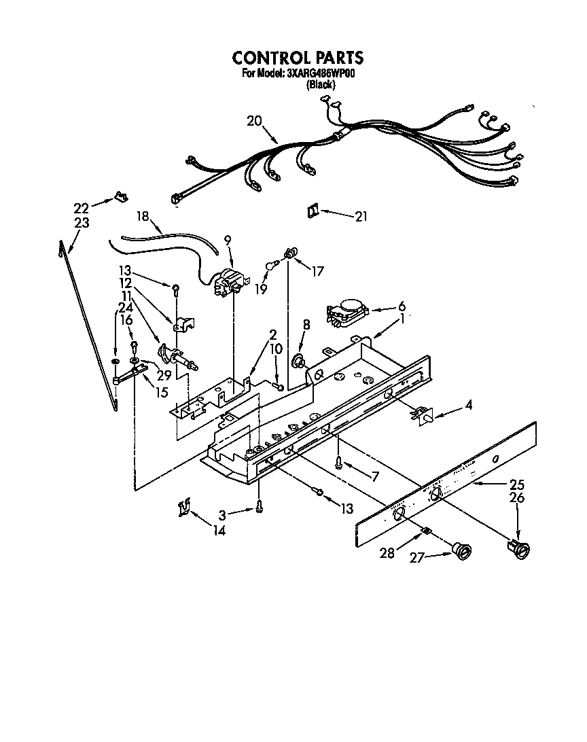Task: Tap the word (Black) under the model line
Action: [321, 84]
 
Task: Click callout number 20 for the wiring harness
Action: [254, 121]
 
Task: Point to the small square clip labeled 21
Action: [313, 212]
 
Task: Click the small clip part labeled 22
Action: [120, 197]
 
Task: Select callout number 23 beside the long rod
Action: [82, 222]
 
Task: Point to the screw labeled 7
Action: [339, 462]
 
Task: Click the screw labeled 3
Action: [259, 506]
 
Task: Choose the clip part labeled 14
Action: [183, 506]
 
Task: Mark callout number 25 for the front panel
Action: [517, 484]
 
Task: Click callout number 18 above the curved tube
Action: [142, 216]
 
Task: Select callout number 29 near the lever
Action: [164, 375]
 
